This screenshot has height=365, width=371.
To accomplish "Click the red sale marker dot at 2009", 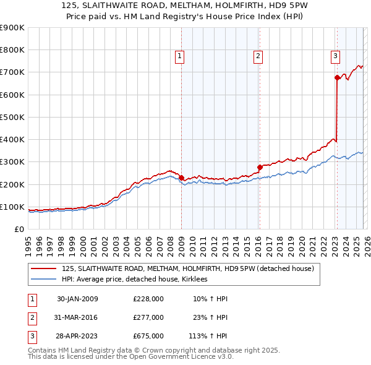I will pos(181,178).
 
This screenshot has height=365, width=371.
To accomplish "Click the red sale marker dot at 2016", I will pos(260,167).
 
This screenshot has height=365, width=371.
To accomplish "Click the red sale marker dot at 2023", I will pos(337,78).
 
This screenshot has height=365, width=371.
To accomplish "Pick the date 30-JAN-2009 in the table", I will pos(77,299).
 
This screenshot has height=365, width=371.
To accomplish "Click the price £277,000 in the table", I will pos(148,317).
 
